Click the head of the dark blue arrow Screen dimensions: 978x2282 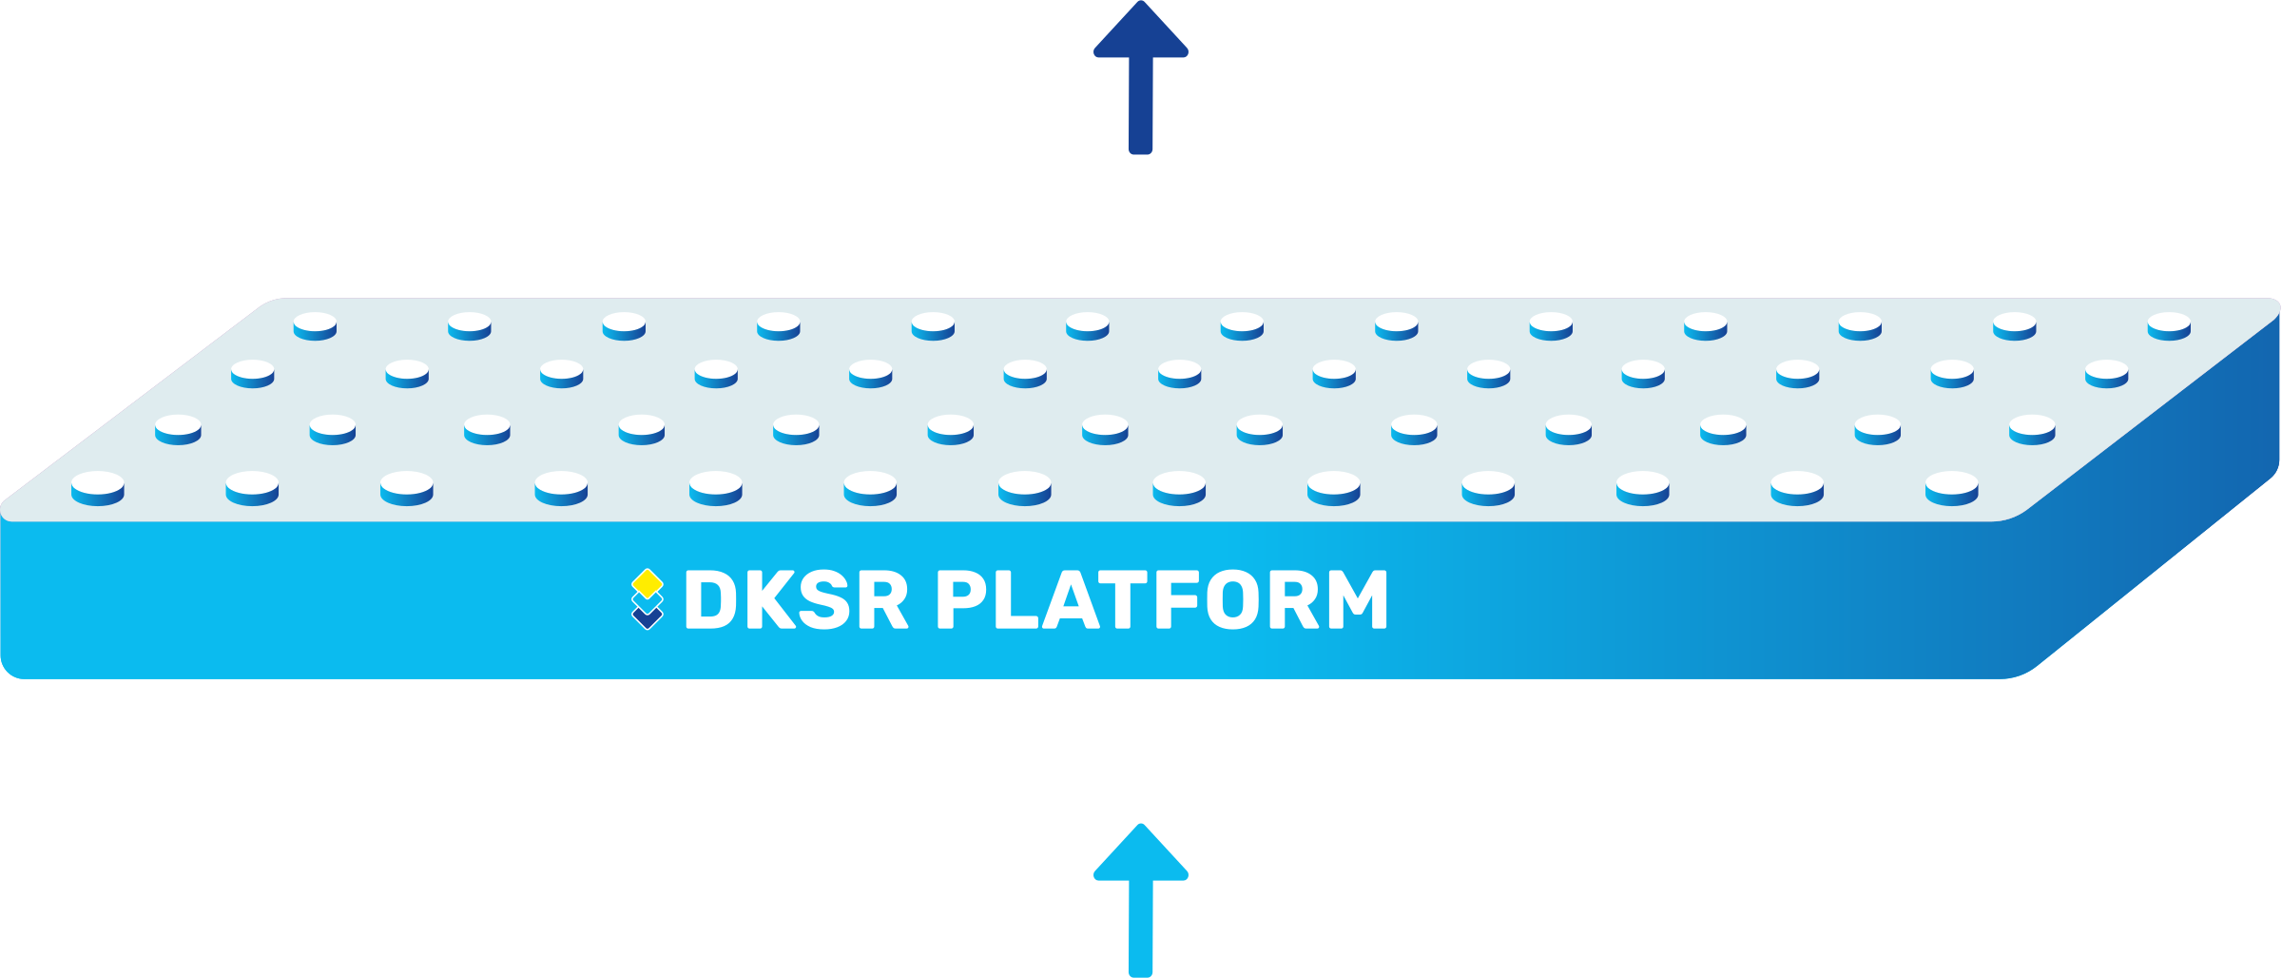[x=1140, y=34]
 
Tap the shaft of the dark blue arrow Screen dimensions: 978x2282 [x=1140, y=105]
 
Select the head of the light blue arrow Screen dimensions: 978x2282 [x=1140, y=856]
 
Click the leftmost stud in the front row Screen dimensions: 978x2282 [x=98, y=488]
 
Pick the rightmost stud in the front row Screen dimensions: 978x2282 [x=1952, y=488]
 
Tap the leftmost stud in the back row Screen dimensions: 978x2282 [x=315, y=325]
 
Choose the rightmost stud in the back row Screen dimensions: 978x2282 [x=2169, y=325]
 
